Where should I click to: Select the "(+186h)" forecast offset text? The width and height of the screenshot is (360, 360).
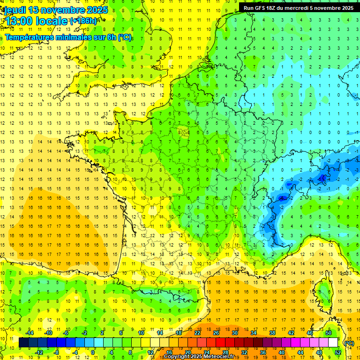click(x=83, y=21)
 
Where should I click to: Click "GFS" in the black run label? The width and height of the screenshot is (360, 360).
click(x=263, y=8)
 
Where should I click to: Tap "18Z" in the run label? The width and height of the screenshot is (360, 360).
click(x=277, y=8)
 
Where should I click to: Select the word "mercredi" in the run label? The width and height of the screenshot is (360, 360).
click(x=308, y=8)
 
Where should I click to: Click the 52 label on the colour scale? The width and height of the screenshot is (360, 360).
click(x=337, y=352)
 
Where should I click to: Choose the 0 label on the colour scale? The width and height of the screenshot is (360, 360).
click(x=93, y=352)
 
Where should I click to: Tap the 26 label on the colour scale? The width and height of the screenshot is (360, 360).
click(x=216, y=333)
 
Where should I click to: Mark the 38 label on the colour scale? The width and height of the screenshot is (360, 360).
click(x=272, y=333)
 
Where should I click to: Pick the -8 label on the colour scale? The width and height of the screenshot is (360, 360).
click(x=56, y=352)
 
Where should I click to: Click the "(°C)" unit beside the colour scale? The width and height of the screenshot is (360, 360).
click(x=350, y=343)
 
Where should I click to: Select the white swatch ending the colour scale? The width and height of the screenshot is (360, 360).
click(x=333, y=343)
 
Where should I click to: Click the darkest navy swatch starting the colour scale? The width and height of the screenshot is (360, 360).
click(x=23, y=343)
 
